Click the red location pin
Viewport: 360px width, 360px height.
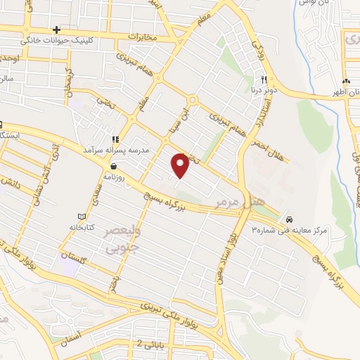tap(181, 165)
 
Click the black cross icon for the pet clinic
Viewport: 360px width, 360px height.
tap(56, 30)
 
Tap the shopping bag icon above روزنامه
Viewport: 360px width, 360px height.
tap(113, 167)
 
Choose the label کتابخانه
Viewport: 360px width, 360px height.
tap(82, 227)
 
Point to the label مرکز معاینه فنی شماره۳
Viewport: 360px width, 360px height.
tap(290, 230)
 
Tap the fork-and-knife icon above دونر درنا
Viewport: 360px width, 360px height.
tap(263, 79)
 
